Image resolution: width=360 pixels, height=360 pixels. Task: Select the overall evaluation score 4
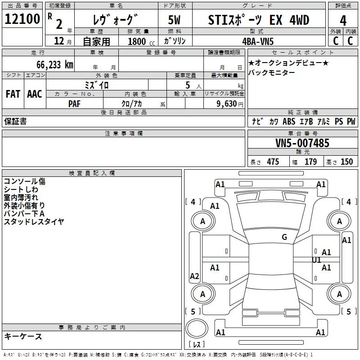click(x=343, y=21)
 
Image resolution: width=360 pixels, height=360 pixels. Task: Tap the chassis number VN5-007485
click(x=302, y=144)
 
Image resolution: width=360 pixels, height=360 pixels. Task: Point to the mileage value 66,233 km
click(x=52, y=65)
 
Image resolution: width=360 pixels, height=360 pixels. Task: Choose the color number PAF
click(x=75, y=103)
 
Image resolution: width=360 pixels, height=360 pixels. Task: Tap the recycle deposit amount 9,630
click(x=226, y=103)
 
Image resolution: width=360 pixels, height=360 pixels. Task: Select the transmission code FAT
click(x=13, y=94)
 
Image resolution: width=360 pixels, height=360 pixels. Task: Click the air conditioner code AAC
click(x=35, y=94)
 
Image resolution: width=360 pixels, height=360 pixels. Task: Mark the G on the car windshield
click(x=284, y=237)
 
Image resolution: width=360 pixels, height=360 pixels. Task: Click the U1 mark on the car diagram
click(x=316, y=260)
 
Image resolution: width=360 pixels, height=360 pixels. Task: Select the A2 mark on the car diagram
click(x=194, y=276)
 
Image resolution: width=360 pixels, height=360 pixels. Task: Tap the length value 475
click(x=273, y=162)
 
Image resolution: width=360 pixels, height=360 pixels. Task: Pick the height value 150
click(x=346, y=162)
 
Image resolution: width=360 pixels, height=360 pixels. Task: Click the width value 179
click(x=310, y=162)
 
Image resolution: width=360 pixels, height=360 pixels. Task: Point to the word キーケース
click(x=23, y=336)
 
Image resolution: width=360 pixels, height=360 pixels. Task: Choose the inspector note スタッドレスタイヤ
click(x=34, y=221)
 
